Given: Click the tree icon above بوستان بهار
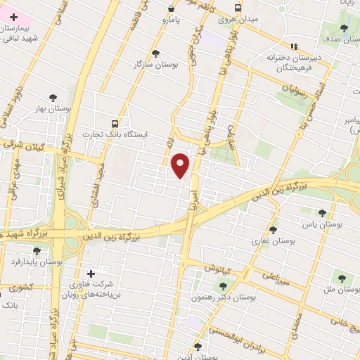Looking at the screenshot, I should point(53,98).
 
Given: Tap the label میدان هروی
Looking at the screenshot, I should point(238,20).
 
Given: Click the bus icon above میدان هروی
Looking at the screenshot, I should point(238,8).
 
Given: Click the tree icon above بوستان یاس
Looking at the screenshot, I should point(322,213).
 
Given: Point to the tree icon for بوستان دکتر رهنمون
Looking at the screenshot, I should point(224,285).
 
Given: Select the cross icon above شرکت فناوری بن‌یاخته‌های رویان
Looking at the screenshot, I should point(90,274).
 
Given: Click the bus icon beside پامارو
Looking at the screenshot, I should point(172,9).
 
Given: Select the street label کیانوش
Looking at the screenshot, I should point(219,269).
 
